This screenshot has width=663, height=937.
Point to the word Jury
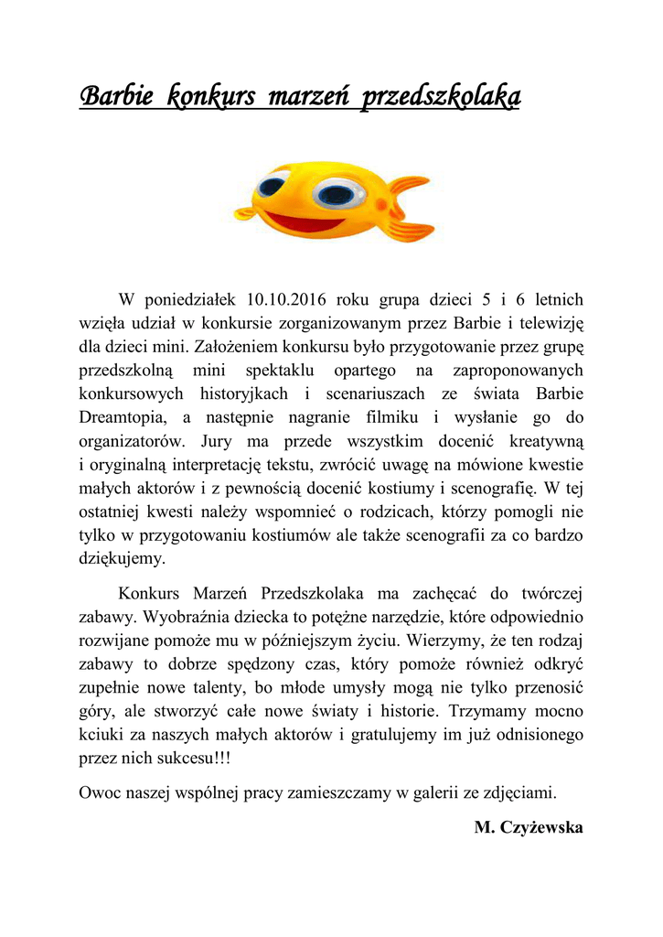coord(214,442)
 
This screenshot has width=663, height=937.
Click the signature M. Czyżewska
coord(529,828)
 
